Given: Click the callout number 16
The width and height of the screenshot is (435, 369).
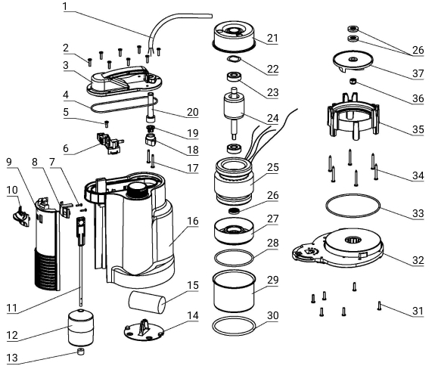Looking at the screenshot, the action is [193, 222].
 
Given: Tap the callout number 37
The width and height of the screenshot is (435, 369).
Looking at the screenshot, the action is [418, 73].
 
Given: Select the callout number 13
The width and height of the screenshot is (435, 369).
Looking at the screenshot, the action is [12, 358].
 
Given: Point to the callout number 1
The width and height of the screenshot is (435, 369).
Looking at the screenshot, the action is [65, 6].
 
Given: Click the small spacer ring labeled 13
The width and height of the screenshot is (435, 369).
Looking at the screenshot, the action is [81, 352].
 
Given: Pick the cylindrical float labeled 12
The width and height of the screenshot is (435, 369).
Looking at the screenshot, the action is [81, 327].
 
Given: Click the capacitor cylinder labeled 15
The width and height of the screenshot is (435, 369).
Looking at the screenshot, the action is [147, 302].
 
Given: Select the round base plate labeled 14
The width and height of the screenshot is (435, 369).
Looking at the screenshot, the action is [144, 330].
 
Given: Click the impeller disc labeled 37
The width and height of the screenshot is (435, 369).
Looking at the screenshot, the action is [353, 61].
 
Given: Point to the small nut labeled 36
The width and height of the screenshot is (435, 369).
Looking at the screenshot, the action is [353, 82].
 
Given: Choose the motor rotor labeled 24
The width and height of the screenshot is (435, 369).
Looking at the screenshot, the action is [235, 113].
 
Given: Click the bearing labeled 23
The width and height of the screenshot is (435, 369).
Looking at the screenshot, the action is [235, 77].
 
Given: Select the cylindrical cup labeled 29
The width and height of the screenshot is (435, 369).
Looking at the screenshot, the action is [234, 291].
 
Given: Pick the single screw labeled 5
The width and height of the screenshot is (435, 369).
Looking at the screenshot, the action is [106, 124].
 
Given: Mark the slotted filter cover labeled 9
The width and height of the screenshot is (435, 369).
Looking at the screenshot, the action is [47, 245].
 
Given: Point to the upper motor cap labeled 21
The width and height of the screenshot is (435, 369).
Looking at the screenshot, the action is [234, 37].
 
